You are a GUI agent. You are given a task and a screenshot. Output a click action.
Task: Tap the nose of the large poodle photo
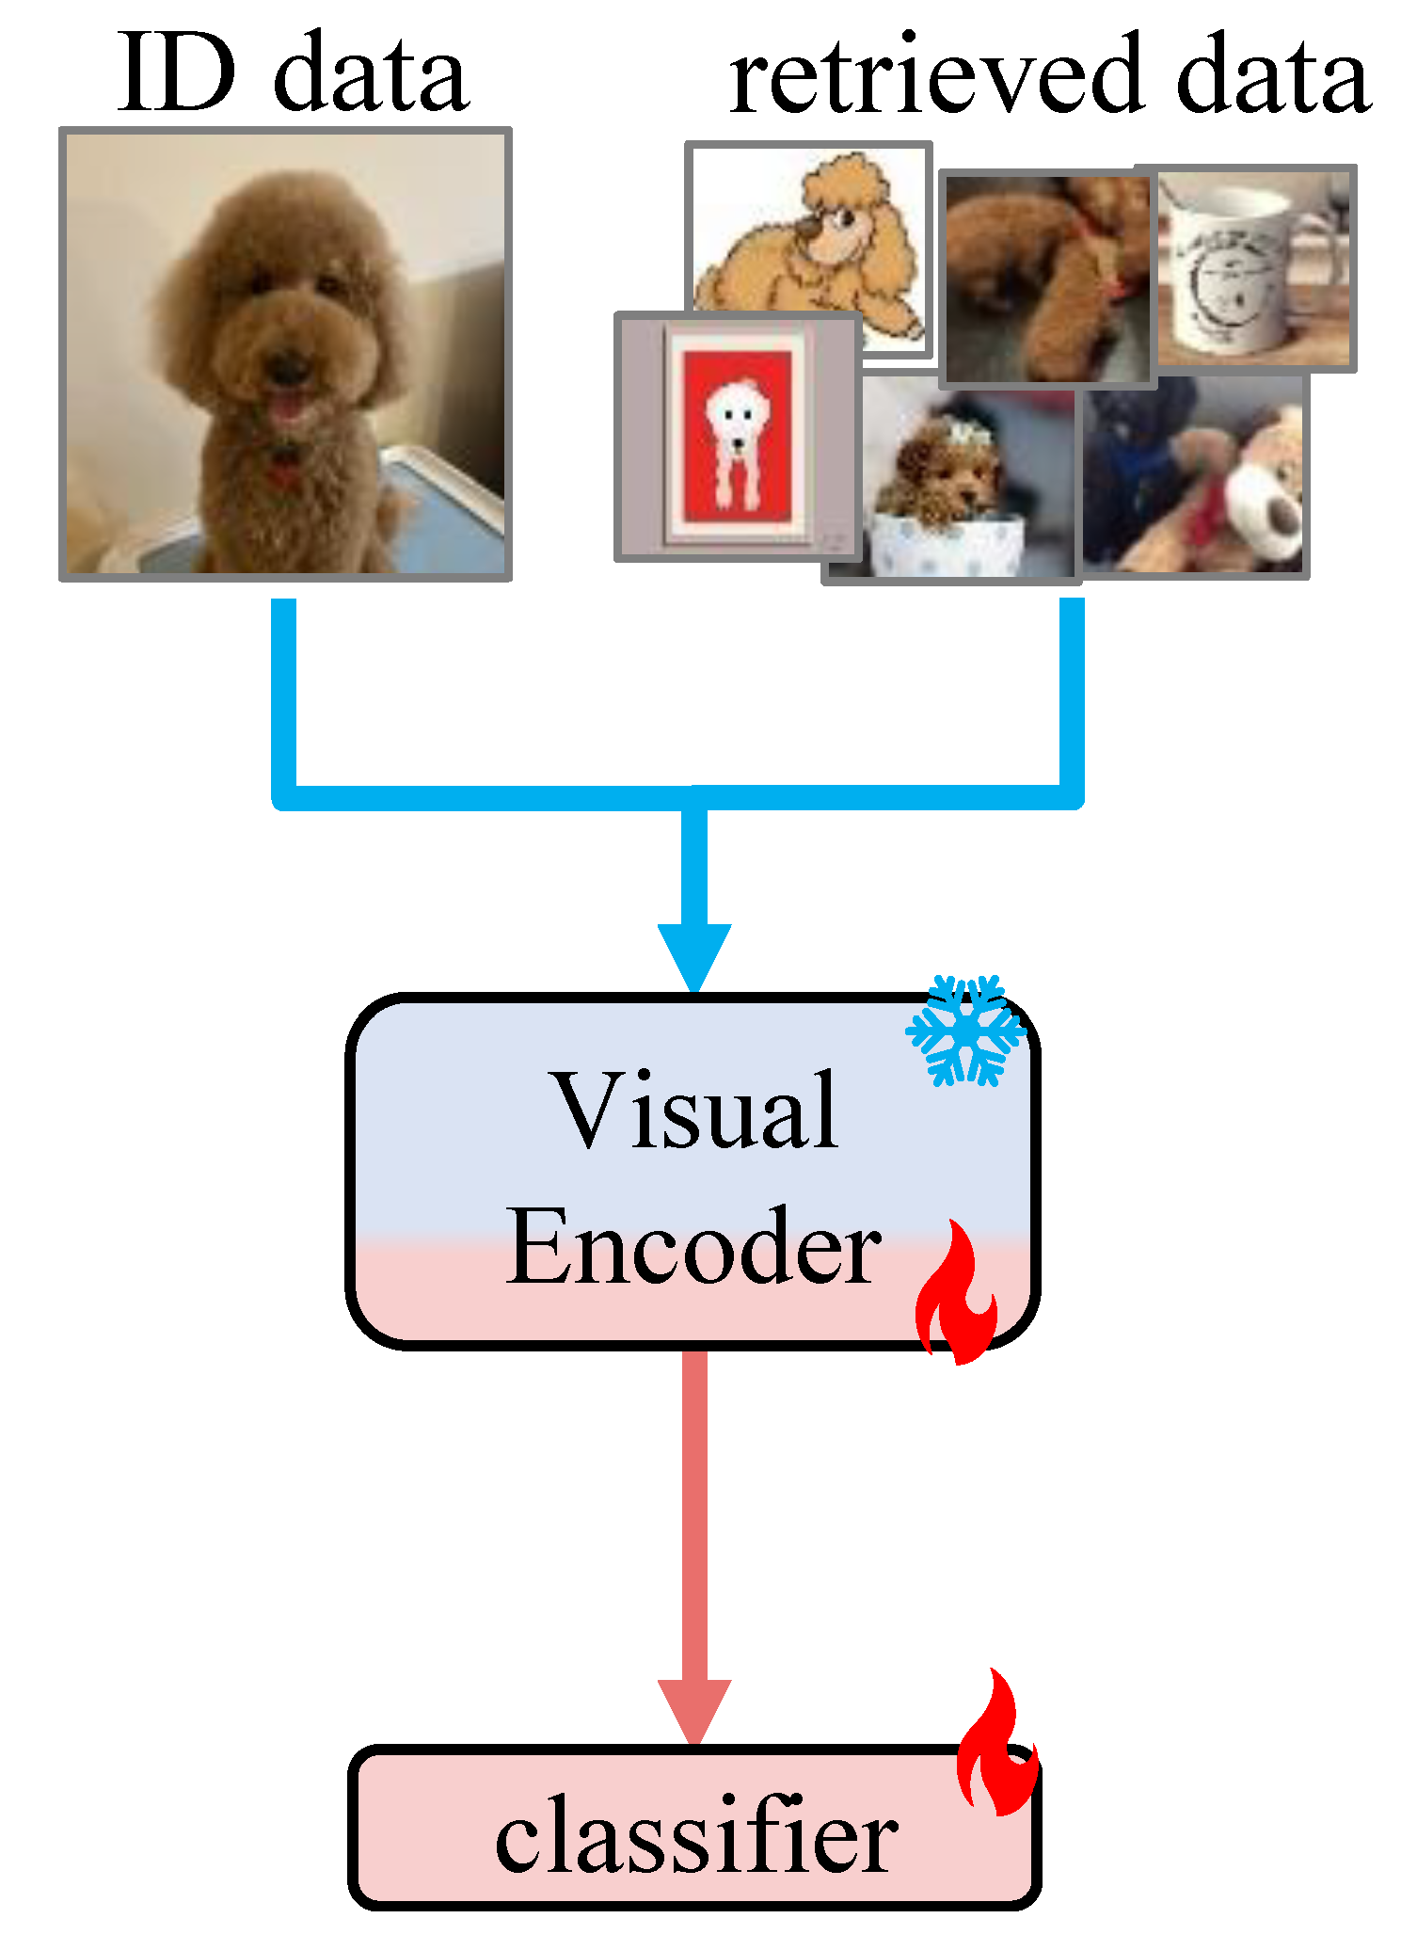[289, 367]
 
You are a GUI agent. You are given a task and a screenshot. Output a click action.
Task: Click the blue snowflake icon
[964, 1031]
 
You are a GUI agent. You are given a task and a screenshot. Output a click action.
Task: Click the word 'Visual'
[696, 1112]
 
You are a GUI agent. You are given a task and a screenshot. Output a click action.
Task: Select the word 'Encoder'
[693, 1247]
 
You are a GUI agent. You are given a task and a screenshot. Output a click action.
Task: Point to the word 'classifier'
[696, 1835]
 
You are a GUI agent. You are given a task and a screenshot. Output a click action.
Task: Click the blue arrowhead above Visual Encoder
[694, 955]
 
